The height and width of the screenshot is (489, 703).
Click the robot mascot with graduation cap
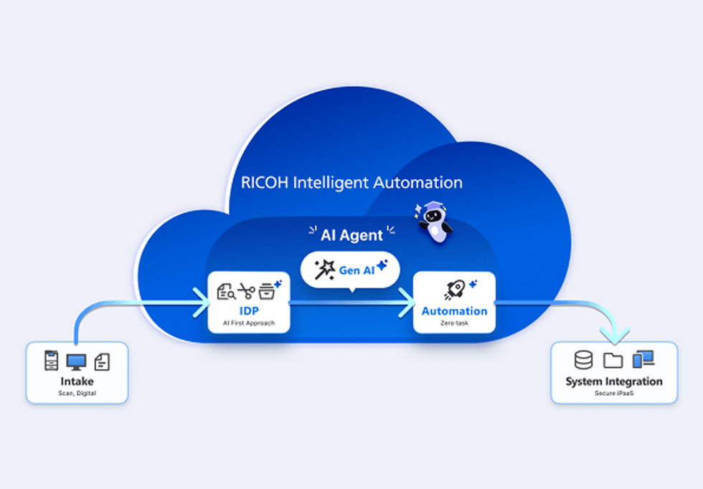[435, 222]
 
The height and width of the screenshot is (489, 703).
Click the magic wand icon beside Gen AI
[325, 270]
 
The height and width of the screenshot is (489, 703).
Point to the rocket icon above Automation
[454, 290]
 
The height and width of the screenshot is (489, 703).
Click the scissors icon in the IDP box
[247, 291]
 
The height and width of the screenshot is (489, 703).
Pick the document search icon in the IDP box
[226, 291]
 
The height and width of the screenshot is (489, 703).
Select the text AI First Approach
[248, 324]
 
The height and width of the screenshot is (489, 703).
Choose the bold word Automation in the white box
[454, 311]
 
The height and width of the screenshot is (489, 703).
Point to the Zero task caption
[454, 324]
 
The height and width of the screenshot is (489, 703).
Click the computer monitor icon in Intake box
[76, 362]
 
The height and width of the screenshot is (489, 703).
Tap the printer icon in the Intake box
[52, 361]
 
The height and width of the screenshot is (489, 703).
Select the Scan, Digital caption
[76, 393]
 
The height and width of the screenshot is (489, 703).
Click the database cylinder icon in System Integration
[584, 360]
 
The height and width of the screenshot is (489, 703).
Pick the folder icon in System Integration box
[613, 360]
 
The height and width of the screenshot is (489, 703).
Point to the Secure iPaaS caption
[613, 394]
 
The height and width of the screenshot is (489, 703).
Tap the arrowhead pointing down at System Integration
[615, 334]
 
